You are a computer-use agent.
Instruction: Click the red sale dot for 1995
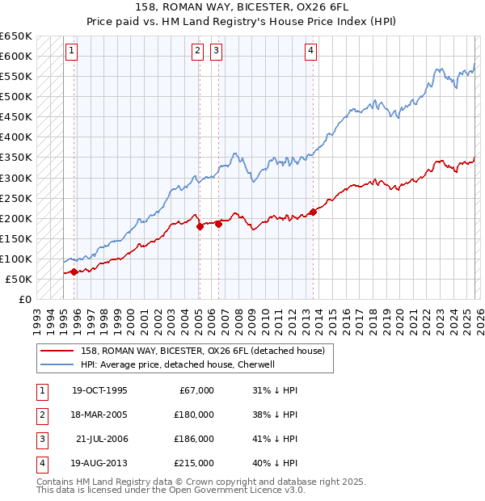point(74,272)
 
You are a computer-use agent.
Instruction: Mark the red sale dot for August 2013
point(313,213)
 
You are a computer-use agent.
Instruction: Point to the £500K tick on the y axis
point(16,96)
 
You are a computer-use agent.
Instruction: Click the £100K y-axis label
point(16,259)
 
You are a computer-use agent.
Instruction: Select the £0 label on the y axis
point(24,299)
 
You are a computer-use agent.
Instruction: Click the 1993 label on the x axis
point(36,318)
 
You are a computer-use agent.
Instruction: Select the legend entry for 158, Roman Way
point(202,351)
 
